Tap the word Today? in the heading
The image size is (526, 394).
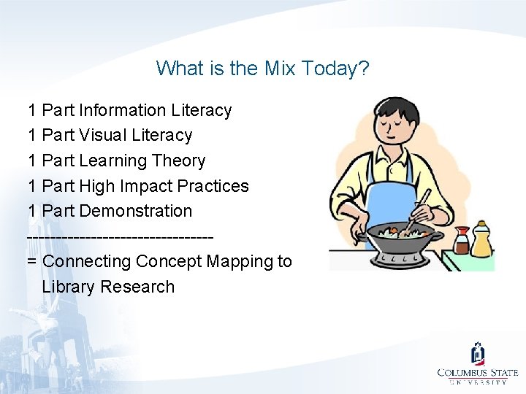point(337,69)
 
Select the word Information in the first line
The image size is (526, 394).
point(122,110)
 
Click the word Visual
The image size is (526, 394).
point(103,135)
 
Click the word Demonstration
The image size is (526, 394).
point(135,211)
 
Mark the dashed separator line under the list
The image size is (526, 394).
point(121,236)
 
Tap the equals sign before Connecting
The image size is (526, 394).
point(32,261)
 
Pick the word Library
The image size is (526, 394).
point(69,287)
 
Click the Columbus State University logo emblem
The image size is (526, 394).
point(478,354)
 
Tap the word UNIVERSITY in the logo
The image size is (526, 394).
point(478,382)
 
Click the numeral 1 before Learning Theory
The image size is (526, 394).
point(32,161)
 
